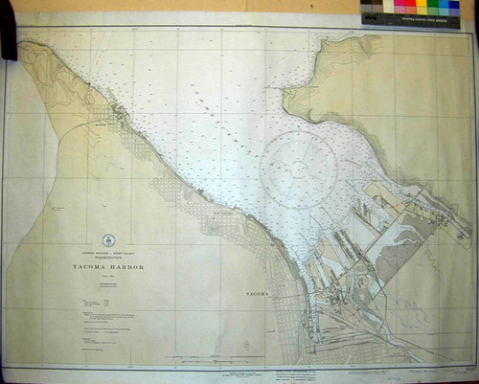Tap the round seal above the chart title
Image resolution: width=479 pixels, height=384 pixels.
108,240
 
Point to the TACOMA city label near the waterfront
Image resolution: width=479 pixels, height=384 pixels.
257,292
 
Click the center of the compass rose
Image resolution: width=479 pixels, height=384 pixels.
299,169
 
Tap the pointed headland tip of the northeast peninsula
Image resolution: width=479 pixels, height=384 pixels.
285,93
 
